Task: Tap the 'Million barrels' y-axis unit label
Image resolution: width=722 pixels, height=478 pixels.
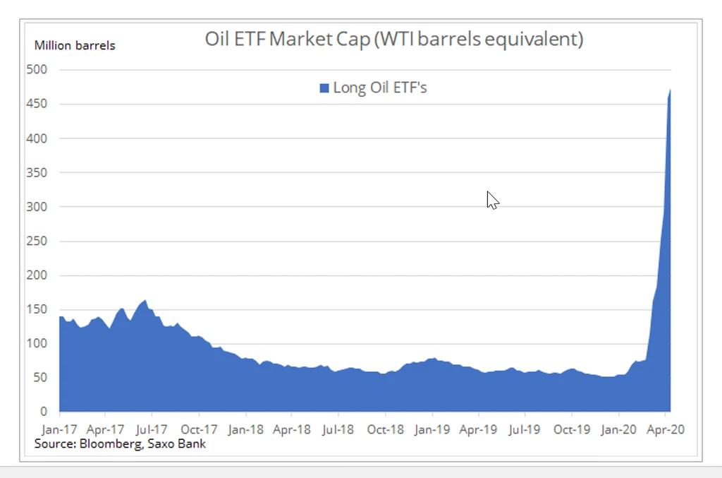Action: point(75,46)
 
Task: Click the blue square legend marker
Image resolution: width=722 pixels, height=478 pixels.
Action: point(324,88)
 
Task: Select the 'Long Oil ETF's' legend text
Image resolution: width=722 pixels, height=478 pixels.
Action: point(380,88)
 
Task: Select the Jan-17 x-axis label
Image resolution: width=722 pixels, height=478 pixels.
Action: point(60,429)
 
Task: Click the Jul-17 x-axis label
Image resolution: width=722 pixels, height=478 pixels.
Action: point(152,429)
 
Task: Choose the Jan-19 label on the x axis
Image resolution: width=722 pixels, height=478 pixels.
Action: point(432,429)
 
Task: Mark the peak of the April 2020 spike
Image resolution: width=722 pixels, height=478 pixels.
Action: point(669,90)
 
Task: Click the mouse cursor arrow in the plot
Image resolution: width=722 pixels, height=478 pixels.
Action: point(491,200)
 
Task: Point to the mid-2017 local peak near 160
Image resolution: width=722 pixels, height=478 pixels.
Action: point(145,301)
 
